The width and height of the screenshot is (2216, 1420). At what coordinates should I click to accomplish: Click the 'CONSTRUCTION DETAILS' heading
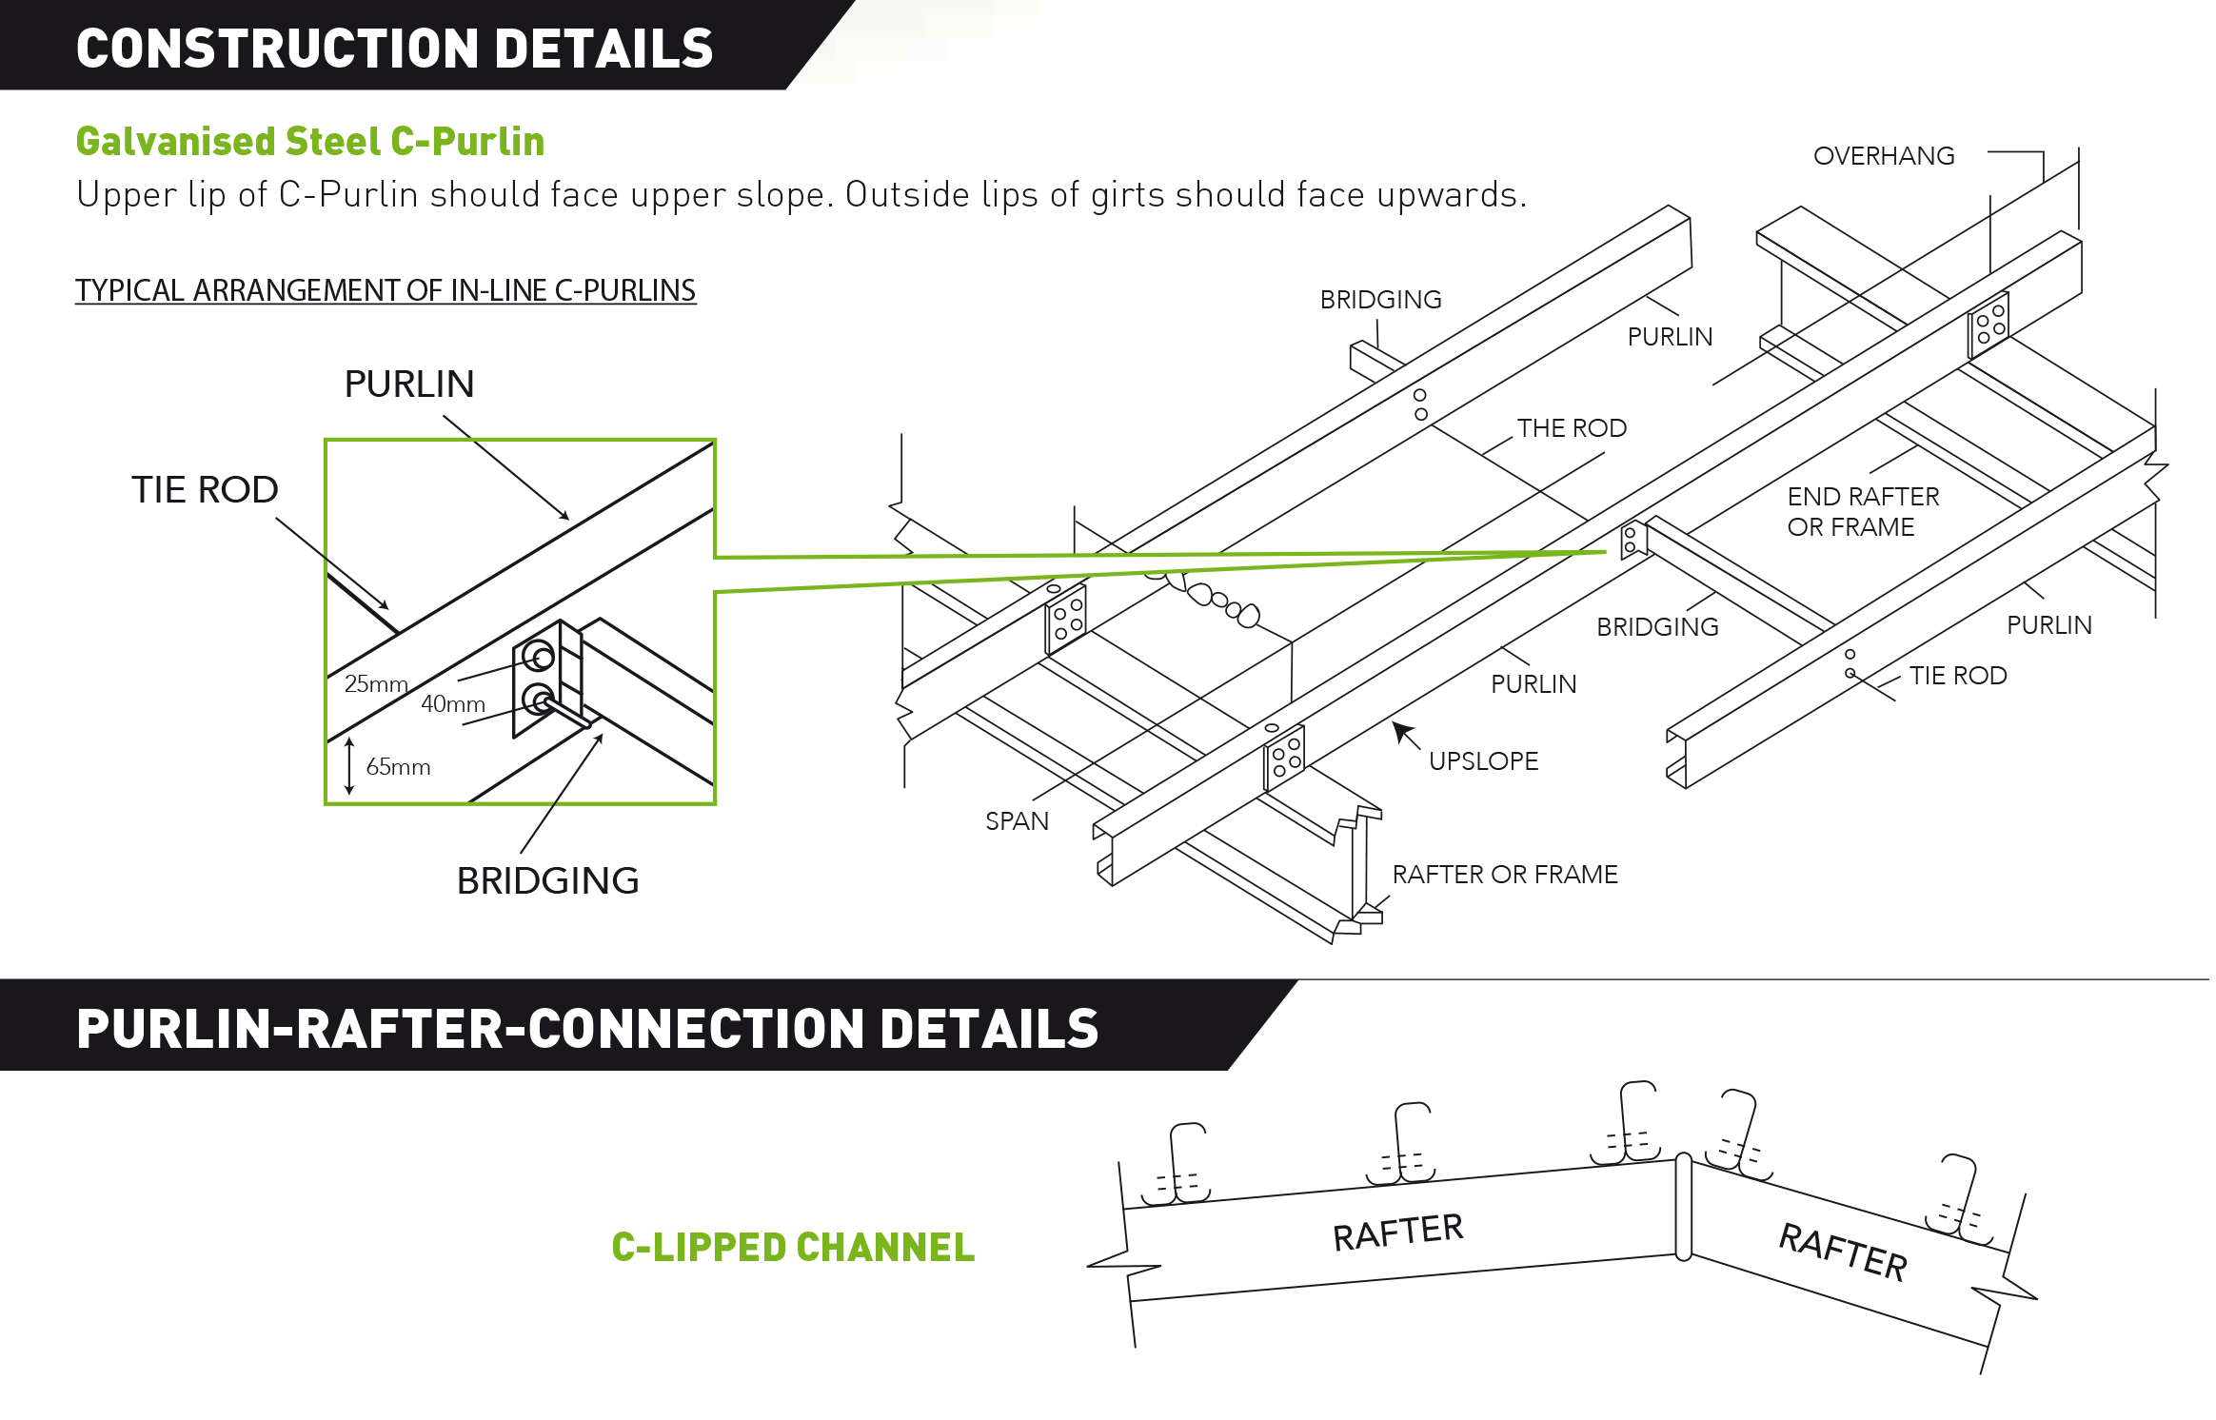pos(394,48)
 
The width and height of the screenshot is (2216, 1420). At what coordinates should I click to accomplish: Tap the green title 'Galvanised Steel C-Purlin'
pos(310,142)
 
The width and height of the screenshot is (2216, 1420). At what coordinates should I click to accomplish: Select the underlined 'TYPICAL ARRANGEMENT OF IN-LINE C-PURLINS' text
pos(386,290)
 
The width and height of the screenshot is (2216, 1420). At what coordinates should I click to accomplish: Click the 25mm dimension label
pos(376,683)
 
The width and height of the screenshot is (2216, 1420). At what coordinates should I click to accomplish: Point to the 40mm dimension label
pos(453,703)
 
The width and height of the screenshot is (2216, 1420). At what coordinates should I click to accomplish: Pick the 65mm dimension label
pos(398,766)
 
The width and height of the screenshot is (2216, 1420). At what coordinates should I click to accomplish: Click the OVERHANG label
pos(1884,156)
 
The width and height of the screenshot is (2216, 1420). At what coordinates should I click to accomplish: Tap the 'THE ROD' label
pos(1572,428)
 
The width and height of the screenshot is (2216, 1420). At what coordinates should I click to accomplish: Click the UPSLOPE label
pos(1483,761)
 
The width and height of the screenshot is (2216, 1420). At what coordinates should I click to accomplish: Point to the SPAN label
pos(1017,821)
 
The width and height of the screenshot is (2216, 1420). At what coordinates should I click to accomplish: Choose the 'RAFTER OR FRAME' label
pos(1505,875)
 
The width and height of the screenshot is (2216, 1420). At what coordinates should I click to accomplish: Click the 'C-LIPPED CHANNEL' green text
pos(793,1248)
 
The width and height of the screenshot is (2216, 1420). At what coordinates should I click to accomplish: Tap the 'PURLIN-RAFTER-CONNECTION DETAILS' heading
pos(587,1029)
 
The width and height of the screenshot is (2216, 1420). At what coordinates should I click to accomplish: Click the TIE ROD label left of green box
pos(205,490)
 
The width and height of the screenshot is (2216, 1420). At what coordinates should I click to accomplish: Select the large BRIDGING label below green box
pos(547,881)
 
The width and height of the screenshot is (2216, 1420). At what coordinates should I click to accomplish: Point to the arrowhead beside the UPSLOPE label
pos(1401,730)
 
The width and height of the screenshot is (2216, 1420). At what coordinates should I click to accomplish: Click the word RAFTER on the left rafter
pos(1397,1233)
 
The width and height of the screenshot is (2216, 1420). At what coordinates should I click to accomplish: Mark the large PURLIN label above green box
pos(409,385)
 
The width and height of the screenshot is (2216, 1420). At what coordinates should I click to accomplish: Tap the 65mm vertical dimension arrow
pos(349,765)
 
